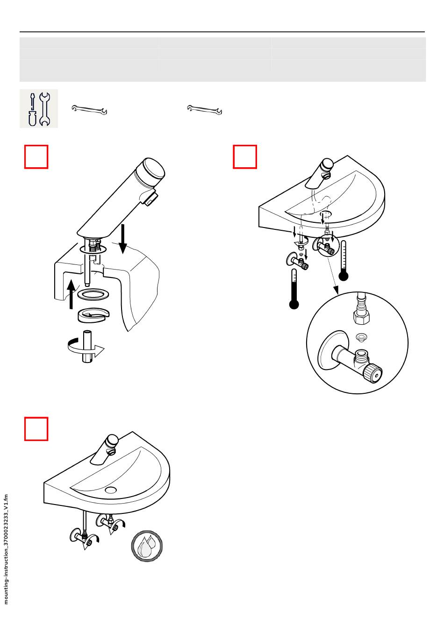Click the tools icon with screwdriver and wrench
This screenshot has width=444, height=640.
39,108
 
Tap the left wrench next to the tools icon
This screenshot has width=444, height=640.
89,110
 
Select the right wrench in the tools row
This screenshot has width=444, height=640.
205,110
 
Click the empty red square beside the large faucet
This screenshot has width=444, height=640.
36,156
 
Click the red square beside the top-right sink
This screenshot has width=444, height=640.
245,156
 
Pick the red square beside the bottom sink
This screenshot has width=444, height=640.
36,429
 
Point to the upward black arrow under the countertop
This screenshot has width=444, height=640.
71,294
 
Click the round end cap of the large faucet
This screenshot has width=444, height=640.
154,171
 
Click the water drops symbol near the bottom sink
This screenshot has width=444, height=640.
147,546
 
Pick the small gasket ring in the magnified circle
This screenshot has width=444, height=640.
360,336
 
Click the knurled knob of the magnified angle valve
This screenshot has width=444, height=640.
373,373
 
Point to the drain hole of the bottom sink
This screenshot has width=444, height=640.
111,490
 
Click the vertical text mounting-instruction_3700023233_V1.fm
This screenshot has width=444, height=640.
6,549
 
